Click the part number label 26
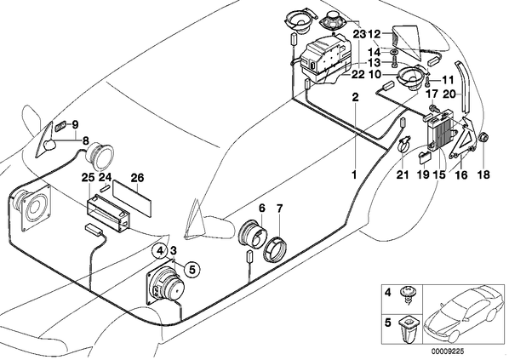click(x=137, y=178)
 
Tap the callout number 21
click(x=403, y=175)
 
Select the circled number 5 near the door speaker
click(x=192, y=269)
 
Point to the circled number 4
click(x=160, y=250)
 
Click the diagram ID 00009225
click(x=448, y=351)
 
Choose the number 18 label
click(x=483, y=175)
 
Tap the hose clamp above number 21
click(x=403, y=144)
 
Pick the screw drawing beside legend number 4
click(x=406, y=294)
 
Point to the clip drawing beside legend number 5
click(x=405, y=330)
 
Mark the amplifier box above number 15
click(x=439, y=130)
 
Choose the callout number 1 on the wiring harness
click(x=354, y=175)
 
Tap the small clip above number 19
click(x=425, y=157)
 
